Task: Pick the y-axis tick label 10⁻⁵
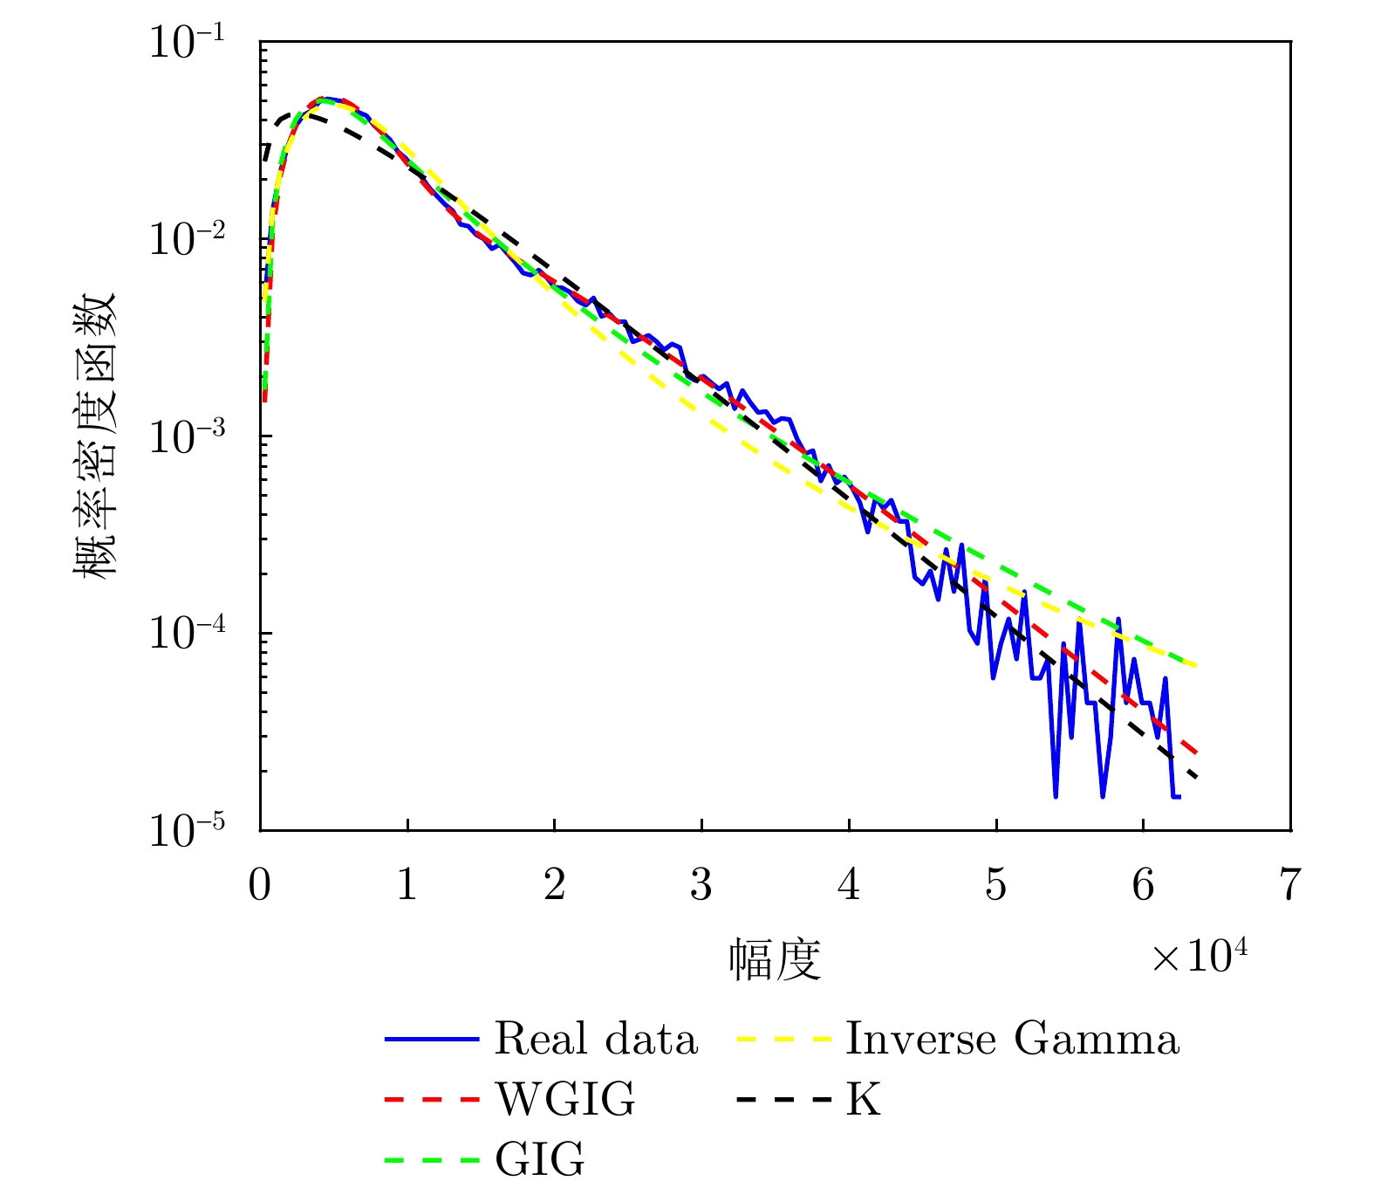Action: pos(187,830)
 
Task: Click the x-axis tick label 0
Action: pos(260,886)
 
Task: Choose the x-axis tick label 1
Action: pos(407,886)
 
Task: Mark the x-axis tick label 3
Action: pos(701,886)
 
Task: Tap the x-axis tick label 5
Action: pos(996,886)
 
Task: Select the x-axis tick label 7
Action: pos(1290,886)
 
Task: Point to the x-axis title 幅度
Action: pos(776,960)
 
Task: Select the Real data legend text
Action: pos(597,1040)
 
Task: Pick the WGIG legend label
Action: pos(566,1100)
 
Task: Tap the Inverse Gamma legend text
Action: pos(1012,1040)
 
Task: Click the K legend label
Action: pos(864,1100)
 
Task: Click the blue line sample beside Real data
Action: pos(432,1040)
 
